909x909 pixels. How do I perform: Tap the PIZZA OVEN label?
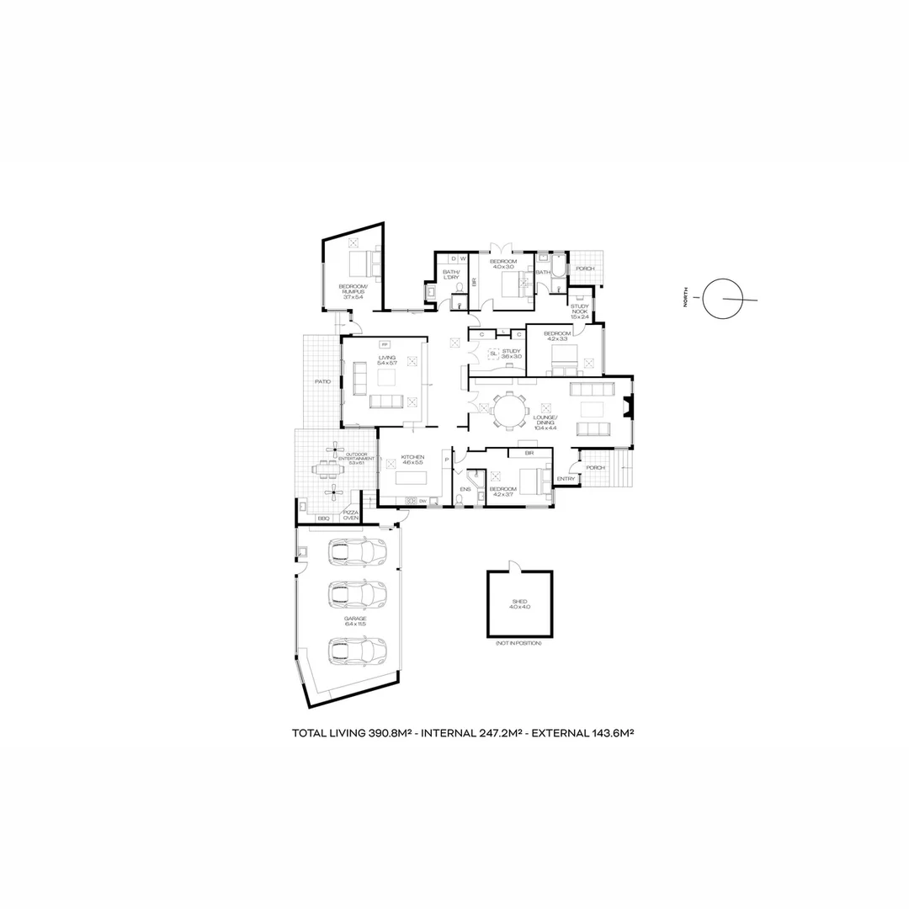[351, 515]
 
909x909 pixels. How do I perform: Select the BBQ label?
[324, 518]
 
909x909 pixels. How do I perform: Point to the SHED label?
[519, 603]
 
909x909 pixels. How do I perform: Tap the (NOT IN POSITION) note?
[519, 643]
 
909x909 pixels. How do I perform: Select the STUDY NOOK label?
[579, 311]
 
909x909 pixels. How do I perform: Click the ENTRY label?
[566, 480]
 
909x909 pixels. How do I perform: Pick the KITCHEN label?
[412, 458]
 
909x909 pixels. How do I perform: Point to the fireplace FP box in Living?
[385, 344]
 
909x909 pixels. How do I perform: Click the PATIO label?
[322, 382]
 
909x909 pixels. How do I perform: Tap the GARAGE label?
[355, 621]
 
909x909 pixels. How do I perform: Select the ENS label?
[465, 488]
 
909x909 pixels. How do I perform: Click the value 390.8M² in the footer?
[389, 733]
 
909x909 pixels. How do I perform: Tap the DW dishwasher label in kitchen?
[423, 502]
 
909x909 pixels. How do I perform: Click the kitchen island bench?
[411, 478]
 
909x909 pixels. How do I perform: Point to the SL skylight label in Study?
[493, 353]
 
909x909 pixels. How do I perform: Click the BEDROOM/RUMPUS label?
[351, 291]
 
